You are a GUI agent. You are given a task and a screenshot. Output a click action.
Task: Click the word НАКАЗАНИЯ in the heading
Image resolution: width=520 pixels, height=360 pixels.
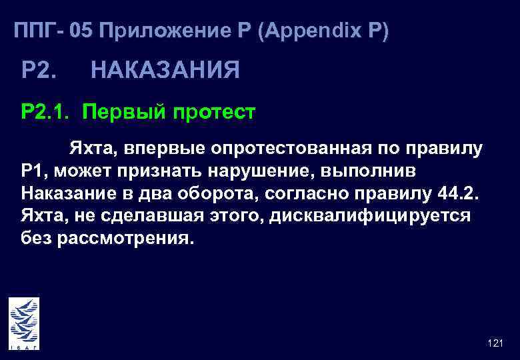[x=165, y=69]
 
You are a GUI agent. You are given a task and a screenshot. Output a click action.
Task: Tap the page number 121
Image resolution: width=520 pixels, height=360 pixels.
[x=495, y=343]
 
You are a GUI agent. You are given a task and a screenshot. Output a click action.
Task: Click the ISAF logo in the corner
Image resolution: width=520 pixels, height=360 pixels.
[x=24, y=323]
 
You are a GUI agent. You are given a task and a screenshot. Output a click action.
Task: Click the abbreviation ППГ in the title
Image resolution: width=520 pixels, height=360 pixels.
[x=35, y=31]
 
